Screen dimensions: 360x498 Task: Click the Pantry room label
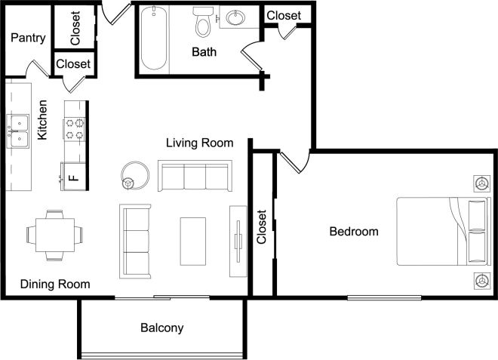pyautogui.click(x=28, y=38)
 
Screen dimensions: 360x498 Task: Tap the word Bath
pyautogui.click(x=204, y=52)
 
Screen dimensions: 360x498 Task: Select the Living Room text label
pyautogui.click(x=199, y=143)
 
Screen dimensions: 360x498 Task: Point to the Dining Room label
pyautogui.click(x=55, y=285)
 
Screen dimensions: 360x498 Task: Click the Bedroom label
pyautogui.click(x=354, y=232)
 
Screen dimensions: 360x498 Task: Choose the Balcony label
pyautogui.click(x=161, y=328)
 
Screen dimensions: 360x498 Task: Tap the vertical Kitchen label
pyautogui.click(x=44, y=120)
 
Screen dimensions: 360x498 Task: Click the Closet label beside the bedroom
pyautogui.click(x=262, y=227)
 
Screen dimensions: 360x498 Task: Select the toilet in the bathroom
pyautogui.click(x=202, y=23)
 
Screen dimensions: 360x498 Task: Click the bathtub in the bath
pyautogui.click(x=153, y=38)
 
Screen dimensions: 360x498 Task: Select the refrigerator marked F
pyautogui.click(x=74, y=176)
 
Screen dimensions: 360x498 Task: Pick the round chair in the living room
pyautogui.click(x=136, y=175)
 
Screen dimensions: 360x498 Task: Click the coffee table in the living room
pyautogui.click(x=192, y=240)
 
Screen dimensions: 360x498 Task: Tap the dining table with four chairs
pyautogui.click(x=54, y=235)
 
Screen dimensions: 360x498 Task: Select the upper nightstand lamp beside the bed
pyautogui.click(x=480, y=182)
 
